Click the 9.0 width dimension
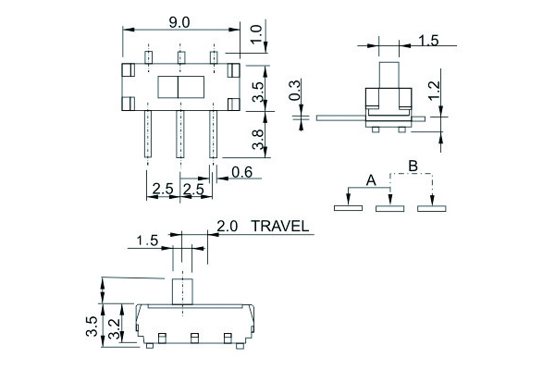[179, 22]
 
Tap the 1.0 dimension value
[257, 34]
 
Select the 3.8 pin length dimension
[258, 139]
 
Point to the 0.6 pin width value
[242, 172]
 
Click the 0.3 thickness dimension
[294, 90]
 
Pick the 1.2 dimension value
[434, 91]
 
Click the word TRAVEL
[280, 227]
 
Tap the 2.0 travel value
[227, 227]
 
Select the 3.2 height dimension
[114, 329]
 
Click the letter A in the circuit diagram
[371, 180]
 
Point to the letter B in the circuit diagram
[413, 166]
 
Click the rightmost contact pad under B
[431, 208]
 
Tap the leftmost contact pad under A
[348, 208]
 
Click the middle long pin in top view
[179, 134]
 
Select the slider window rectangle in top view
[181, 87]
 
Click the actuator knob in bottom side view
[182, 291]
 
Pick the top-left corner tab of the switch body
[129, 70]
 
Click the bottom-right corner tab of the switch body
[234, 105]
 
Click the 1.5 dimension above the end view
[428, 41]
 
